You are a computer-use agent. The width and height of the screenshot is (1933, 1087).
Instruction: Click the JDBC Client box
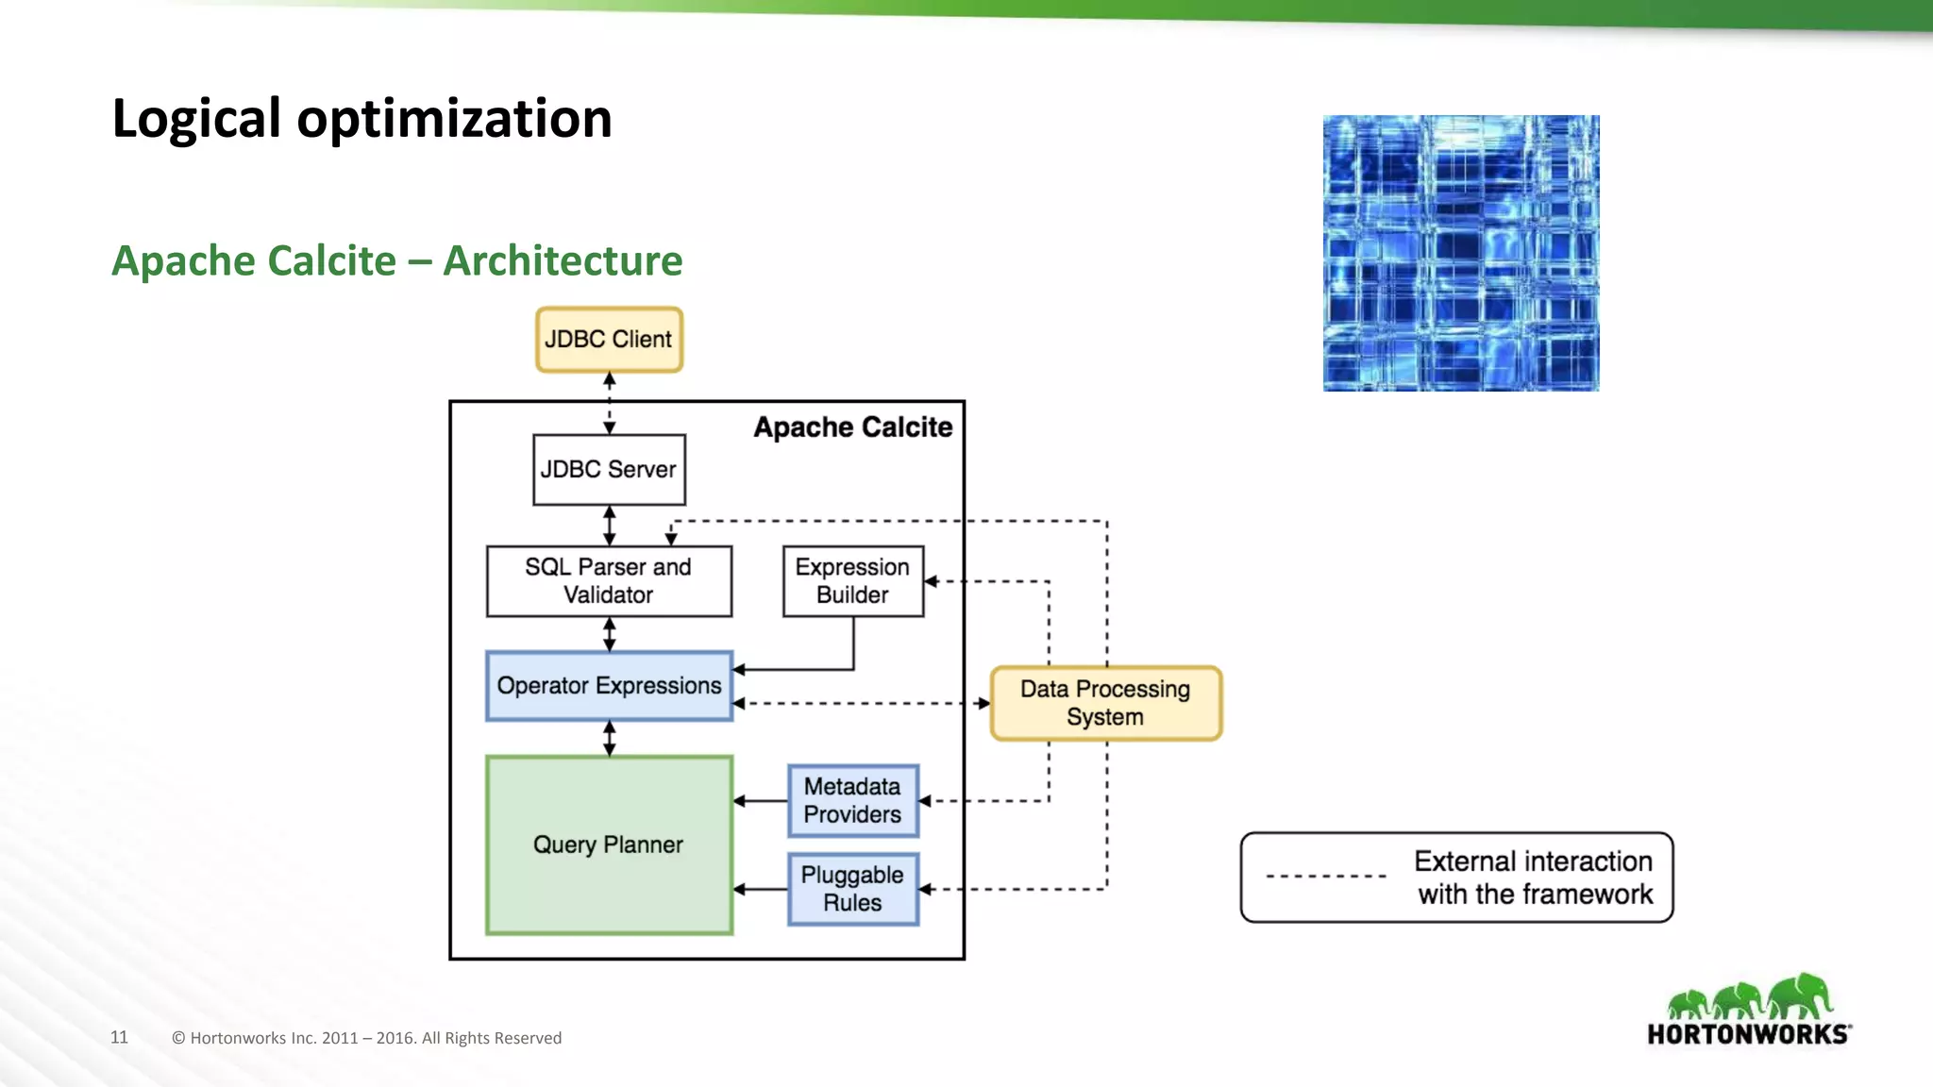tap(609, 340)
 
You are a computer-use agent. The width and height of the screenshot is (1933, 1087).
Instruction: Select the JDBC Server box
tap(609, 469)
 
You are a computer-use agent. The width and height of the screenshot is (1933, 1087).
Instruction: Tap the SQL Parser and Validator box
tap(609, 581)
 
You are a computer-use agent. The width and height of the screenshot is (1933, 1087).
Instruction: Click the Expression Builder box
tap(852, 581)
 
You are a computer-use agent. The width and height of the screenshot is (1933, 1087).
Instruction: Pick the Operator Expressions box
tap(609, 686)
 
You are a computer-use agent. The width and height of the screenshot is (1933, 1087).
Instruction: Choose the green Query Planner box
tap(609, 845)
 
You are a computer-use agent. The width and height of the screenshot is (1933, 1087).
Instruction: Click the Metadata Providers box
tap(852, 800)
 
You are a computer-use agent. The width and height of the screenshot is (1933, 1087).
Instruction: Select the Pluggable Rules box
tap(852, 889)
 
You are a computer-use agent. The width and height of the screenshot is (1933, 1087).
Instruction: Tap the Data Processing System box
tap(1105, 703)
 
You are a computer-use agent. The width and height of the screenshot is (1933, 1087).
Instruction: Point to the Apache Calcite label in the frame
tap(852, 427)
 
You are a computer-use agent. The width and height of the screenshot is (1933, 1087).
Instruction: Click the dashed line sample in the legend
tap(1325, 877)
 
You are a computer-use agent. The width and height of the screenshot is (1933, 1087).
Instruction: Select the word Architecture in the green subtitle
tap(563, 261)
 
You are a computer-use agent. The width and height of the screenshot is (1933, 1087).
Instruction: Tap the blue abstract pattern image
tap(1460, 253)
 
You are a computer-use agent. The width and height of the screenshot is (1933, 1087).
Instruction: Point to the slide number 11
tap(119, 1037)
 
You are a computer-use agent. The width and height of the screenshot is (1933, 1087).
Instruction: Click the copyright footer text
tap(366, 1038)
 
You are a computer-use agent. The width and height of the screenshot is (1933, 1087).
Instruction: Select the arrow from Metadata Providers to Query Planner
tap(761, 801)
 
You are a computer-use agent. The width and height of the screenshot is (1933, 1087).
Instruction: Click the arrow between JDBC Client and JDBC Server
tap(609, 403)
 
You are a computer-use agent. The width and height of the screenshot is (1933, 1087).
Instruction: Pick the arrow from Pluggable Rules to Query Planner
tap(761, 889)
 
